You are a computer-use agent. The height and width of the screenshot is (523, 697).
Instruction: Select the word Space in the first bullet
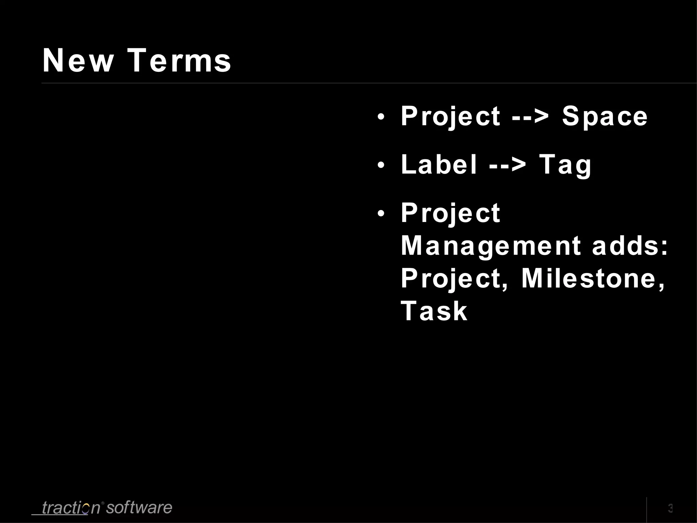[x=604, y=116]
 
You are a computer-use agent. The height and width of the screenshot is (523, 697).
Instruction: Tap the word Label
[x=439, y=165]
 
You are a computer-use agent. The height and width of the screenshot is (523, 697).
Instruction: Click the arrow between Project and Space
[x=530, y=116]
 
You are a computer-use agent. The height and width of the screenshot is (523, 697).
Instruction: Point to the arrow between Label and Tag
[x=507, y=165]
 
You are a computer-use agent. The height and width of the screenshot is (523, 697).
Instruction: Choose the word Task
[x=434, y=311]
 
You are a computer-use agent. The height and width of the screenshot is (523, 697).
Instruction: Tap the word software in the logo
[x=139, y=507]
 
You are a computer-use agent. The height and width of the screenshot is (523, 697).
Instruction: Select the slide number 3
[x=670, y=508]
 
